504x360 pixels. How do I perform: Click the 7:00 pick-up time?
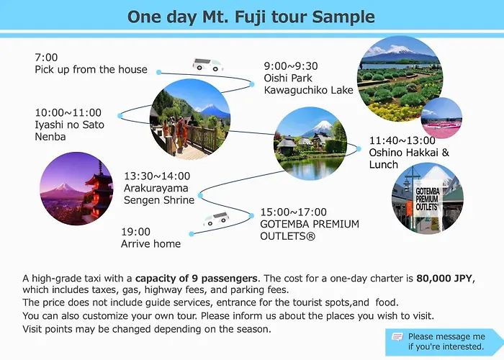[x=46, y=58]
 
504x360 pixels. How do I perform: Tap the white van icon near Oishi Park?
[x=207, y=65]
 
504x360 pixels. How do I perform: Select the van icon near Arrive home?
[x=216, y=219]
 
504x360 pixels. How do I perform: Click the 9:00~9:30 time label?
[x=291, y=66]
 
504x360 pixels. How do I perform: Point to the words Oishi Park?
[x=288, y=78]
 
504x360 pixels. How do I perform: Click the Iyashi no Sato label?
[x=69, y=125]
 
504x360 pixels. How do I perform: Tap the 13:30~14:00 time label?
[x=157, y=176]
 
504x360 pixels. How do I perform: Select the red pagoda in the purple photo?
[x=98, y=193]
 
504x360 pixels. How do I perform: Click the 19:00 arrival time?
[x=135, y=232]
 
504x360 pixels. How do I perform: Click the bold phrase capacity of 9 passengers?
[x=196, y=279]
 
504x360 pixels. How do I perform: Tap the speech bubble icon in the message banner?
[x=397, y=337]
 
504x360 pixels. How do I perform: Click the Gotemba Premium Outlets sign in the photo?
[x=427, y=199]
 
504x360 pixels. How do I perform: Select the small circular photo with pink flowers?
[x=441, y=118]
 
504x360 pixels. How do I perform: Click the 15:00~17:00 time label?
[x=294, y=212]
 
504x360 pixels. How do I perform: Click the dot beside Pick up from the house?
[x=159, y=72]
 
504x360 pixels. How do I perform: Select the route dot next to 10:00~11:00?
[x=120, y=116]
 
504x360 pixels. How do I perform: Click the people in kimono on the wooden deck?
[x=176, y=132]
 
